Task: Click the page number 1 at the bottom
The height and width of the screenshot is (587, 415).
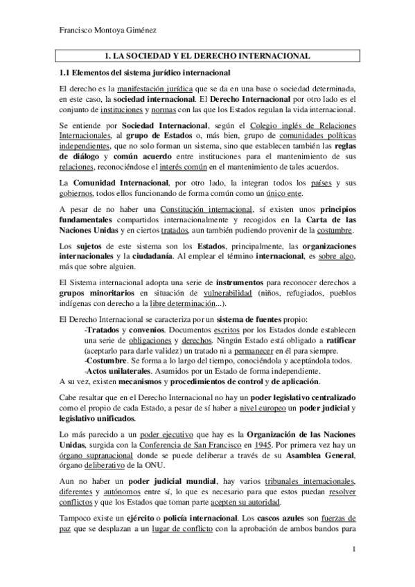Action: [353, 550]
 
